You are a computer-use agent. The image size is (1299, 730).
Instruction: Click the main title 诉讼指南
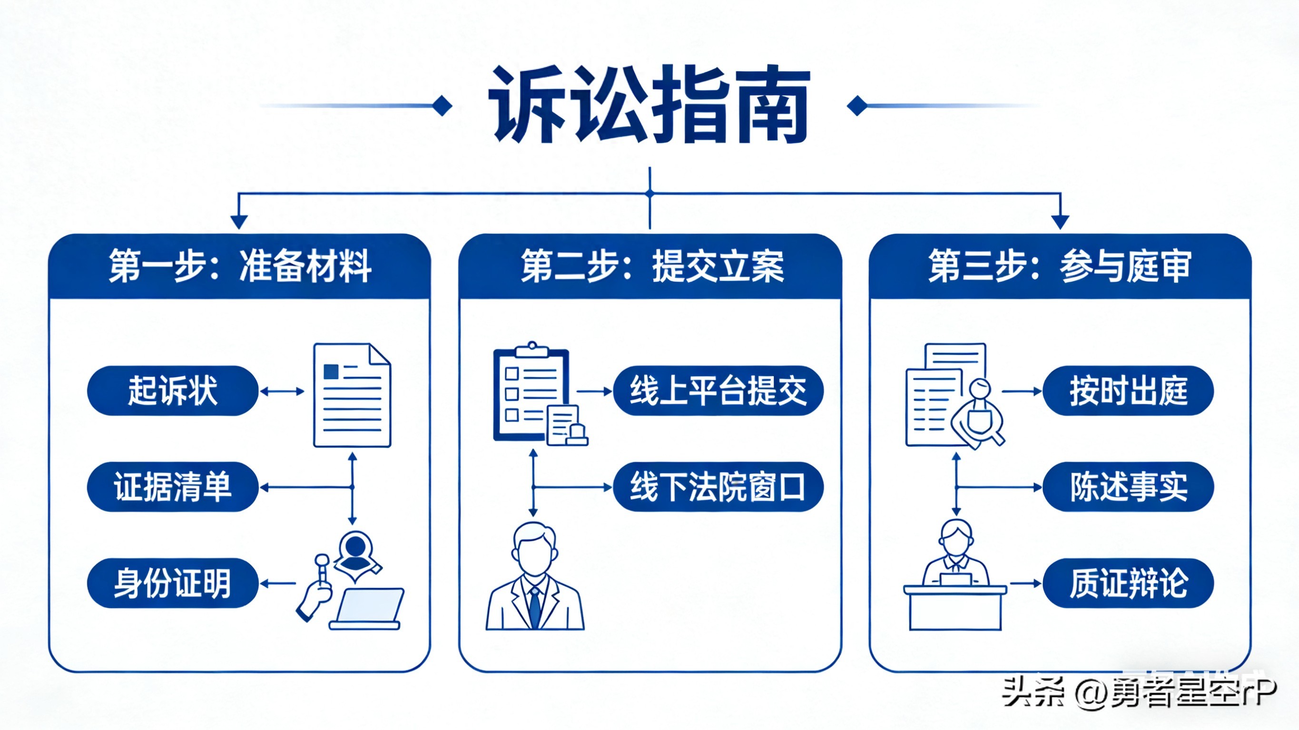[649, 105]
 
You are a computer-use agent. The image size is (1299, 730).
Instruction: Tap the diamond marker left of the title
[442, 106]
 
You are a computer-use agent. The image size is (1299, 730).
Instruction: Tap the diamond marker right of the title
[857, 106]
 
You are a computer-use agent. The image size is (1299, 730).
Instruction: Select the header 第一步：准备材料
[239, 266]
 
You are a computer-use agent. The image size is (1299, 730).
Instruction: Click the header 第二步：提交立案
[650, 266]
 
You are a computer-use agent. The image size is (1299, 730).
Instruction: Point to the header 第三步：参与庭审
[1060, 266]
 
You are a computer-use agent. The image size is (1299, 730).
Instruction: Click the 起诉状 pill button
[172, 391]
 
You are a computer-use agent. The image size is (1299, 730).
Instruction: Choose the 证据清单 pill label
[172, 487]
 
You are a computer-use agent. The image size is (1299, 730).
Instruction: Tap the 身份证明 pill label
[172, 584]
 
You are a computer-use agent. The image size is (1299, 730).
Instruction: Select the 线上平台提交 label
[718, 391]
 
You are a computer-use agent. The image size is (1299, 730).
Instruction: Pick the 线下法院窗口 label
[718, 487]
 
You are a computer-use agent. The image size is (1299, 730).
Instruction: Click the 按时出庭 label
[1128, 391]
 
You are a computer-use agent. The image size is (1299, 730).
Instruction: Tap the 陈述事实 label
[1128, 487]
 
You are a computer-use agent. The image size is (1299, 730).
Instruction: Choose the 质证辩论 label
[1128, 584]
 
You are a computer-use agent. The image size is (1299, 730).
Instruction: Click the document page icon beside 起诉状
[352, 395]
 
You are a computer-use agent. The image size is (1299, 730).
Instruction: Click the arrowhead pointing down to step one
[238, 221]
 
